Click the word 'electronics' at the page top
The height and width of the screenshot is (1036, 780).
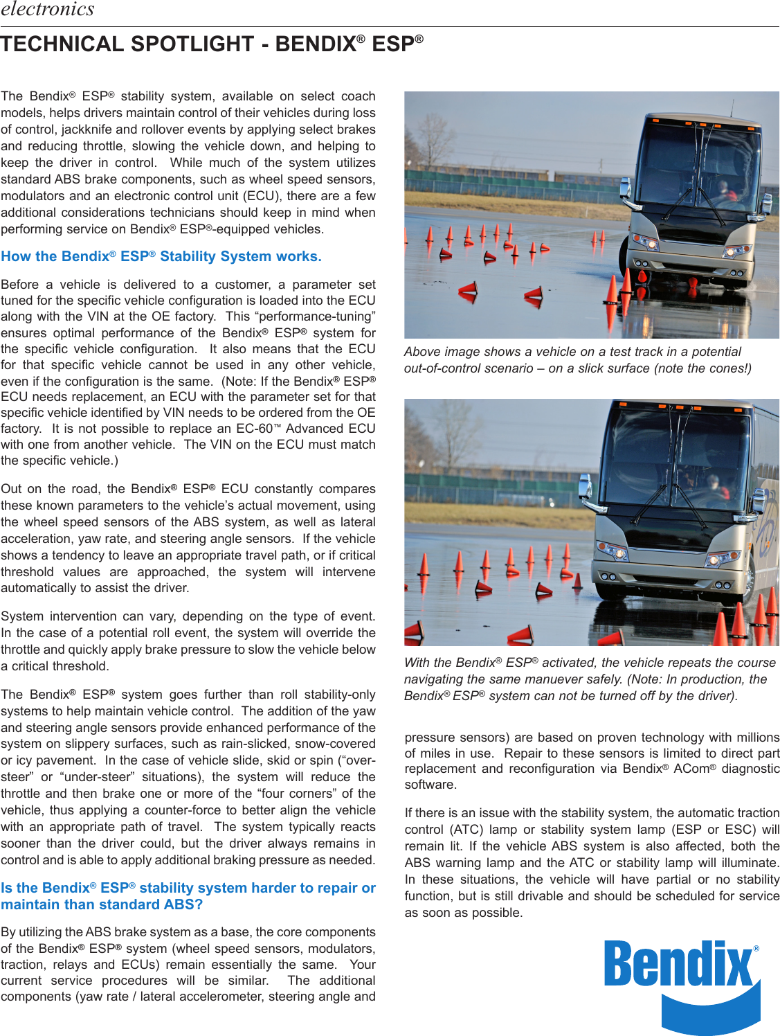(x=47, y=9)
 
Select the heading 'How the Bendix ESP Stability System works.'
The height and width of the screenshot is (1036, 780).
(x=161, y=256)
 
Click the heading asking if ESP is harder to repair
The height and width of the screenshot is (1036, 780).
(x=188, y=896)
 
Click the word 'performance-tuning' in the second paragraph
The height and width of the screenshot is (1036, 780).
(x=318, y=316)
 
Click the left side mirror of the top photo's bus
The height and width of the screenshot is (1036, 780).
(x=625, y=188)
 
